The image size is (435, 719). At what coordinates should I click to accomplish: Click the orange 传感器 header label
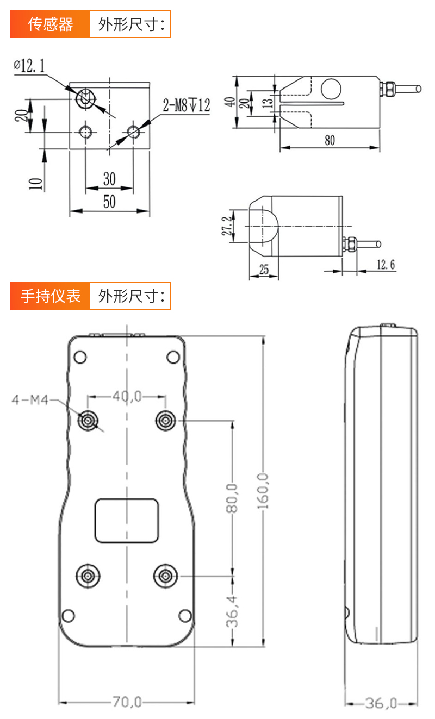(50, 24)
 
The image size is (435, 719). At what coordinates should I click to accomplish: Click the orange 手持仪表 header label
(50, 296)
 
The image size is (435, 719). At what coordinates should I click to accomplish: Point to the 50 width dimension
(109, 202)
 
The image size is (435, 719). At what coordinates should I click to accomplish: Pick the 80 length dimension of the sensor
(330, 140)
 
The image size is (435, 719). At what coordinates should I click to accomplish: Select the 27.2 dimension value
(231, 226)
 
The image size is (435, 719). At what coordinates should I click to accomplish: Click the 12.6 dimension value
(385, 265)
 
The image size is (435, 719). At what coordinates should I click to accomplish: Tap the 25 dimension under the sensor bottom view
(264, 269)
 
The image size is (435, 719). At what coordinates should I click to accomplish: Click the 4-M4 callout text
(30, 401)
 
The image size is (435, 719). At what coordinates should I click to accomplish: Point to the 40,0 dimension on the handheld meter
(127, 397)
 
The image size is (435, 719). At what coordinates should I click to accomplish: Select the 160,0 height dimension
(264, 492)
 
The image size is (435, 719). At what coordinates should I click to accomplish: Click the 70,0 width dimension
(127, 702)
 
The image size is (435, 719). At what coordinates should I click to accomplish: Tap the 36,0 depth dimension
(381, 703)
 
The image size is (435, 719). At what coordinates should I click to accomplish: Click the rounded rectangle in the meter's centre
(127, 520)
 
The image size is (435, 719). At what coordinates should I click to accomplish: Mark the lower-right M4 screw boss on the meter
(165, 576)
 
